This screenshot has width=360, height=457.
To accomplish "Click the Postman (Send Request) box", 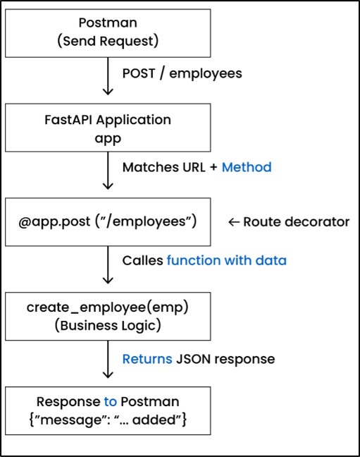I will coord(108,33).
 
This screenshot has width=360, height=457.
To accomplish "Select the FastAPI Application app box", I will coord(108,128).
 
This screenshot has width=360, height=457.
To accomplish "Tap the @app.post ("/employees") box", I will coord(108,221).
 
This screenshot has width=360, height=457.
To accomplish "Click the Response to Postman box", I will coord(108,410).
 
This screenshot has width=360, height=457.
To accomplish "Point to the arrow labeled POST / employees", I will coord(108,80).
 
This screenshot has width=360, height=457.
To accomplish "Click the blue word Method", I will coord(247,167).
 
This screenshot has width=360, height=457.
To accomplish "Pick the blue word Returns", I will coord(147,359).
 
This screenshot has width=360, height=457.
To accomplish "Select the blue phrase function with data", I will coord(226,260).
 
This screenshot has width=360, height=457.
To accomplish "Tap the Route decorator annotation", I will coord(296,222).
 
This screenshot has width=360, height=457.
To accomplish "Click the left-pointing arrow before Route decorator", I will coord(234,222).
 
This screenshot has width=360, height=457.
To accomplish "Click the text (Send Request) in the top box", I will coord(108,41).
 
